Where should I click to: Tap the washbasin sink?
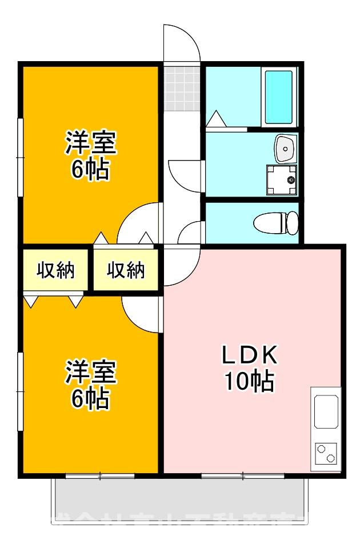click(x=284, y=149)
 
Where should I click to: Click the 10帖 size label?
click(x=249, y=382)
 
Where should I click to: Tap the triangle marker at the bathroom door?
click(x=216, y=119)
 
